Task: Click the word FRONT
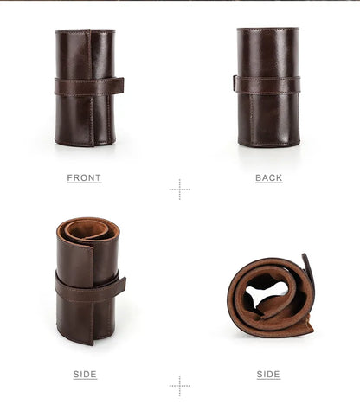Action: click(x=84, y=177)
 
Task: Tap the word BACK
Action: click(x=269, y=177)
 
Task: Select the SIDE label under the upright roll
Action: click(x=85, y=375)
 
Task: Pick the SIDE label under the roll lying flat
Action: click(x=268, y=375)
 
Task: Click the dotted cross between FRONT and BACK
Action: click(x=180, y=190)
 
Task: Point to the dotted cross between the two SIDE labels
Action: click(x=180, y=386)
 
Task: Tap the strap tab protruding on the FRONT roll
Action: click(x=119, y=86)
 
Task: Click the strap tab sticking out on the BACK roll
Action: click(x=235, y=83)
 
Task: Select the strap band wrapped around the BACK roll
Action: click(x=268, y=85)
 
